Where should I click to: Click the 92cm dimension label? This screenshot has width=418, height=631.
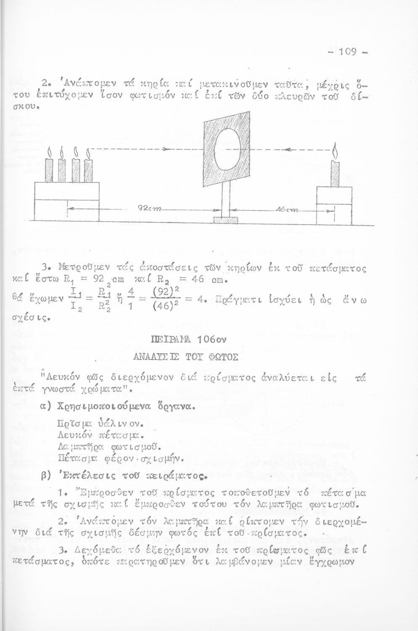146,209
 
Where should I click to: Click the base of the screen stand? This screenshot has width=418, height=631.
225,220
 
